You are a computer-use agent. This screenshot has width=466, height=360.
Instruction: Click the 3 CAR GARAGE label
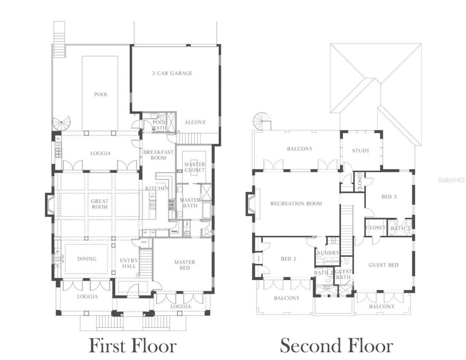pos(172,73)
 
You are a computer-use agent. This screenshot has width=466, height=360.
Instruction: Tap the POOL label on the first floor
pos(101,94)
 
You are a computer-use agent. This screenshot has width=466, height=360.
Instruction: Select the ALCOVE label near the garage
pos(195,122)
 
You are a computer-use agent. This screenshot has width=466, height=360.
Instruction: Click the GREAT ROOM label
pos(99,204)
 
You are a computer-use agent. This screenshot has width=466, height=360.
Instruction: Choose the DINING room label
pos(87,259)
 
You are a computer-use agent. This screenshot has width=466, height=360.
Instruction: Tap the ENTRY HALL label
pos(129,263)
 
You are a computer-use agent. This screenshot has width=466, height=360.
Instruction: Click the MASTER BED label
pos(185,265)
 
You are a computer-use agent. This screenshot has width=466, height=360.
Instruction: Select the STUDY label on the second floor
pos(360,150)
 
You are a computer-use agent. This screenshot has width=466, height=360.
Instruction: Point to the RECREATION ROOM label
pos(296,203)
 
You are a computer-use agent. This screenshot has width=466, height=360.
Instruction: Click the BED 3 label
pos(389,197)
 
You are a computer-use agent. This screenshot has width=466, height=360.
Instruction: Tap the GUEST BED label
pos(383,265)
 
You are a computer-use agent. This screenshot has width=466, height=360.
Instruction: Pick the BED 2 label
pos(288,259)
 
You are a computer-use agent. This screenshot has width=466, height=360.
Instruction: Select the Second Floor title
pos(336,345)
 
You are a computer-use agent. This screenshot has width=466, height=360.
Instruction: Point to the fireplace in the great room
pos(50,205)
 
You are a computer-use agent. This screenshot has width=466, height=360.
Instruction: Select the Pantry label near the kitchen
pos(174,231)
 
